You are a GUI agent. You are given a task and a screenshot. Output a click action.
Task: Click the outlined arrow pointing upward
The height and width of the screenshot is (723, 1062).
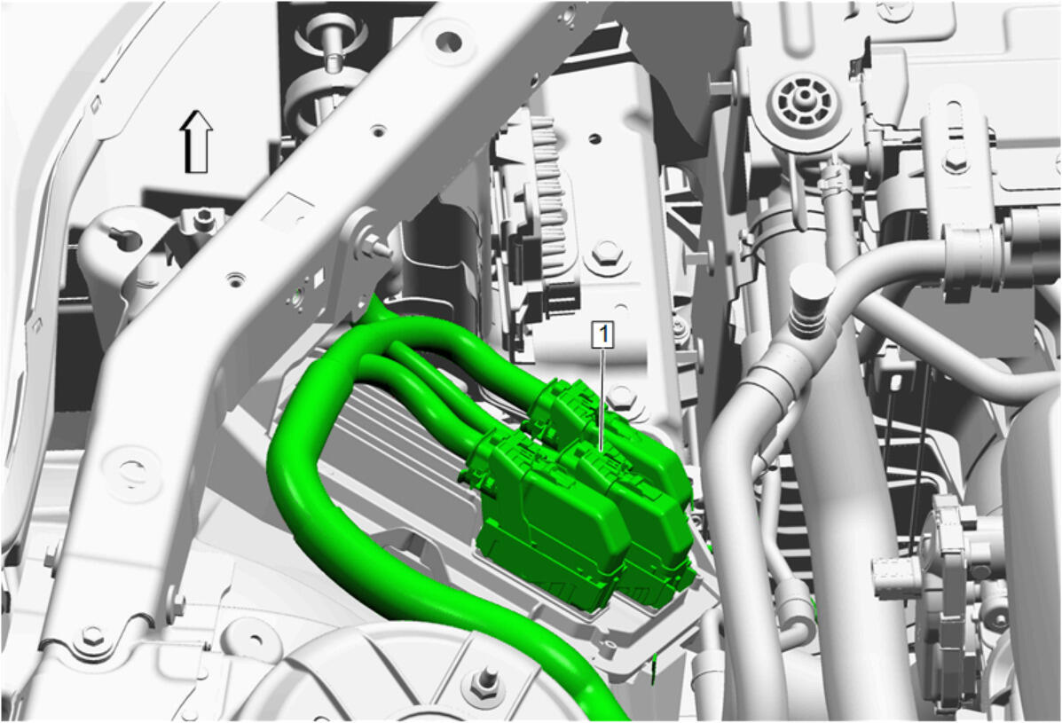pos(196,141)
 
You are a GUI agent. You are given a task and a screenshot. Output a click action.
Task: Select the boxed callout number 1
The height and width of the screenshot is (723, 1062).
pos(602,334)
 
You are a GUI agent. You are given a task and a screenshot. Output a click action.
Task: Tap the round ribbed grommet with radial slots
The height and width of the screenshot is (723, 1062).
pos(803,106)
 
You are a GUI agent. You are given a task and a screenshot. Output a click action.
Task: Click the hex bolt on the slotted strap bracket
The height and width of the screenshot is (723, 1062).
pos(954,160)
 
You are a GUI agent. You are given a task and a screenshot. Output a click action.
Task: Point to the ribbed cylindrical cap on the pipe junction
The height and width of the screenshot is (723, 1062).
pos(813,298)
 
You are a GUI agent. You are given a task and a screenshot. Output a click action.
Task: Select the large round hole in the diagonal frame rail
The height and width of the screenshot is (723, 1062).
pos(448,42)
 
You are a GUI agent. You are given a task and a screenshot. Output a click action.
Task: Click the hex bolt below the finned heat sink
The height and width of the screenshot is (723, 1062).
pos(607,253)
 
